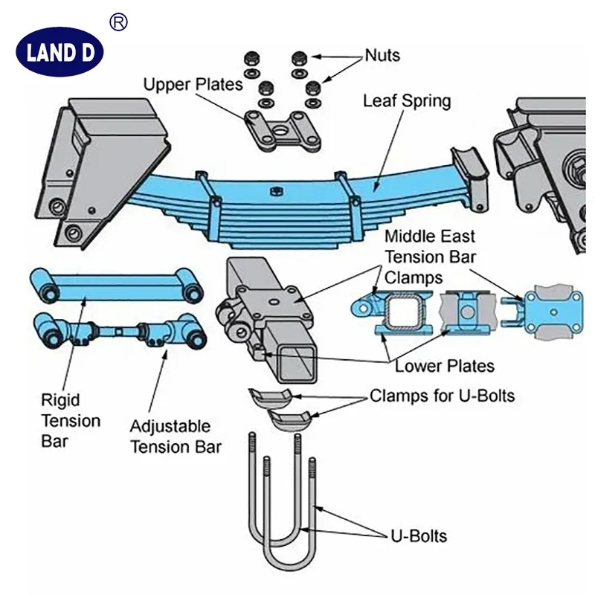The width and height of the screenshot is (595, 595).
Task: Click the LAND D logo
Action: (59, 52)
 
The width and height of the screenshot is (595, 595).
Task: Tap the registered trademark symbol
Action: (118, 22)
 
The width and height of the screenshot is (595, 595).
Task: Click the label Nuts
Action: (382, 55)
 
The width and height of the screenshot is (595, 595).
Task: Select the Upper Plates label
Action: (193, 83)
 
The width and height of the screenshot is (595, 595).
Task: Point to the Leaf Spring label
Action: (406, 100)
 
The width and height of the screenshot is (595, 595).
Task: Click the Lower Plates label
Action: (444, 365)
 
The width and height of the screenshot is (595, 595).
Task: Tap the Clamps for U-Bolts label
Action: (442, 396)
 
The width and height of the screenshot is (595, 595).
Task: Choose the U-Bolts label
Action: (419, 535)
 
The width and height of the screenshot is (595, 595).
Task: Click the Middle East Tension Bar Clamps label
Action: (429, 257)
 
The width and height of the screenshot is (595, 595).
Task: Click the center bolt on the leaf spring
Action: (274, 190)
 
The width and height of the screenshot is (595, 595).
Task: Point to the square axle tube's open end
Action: (297, 361)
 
